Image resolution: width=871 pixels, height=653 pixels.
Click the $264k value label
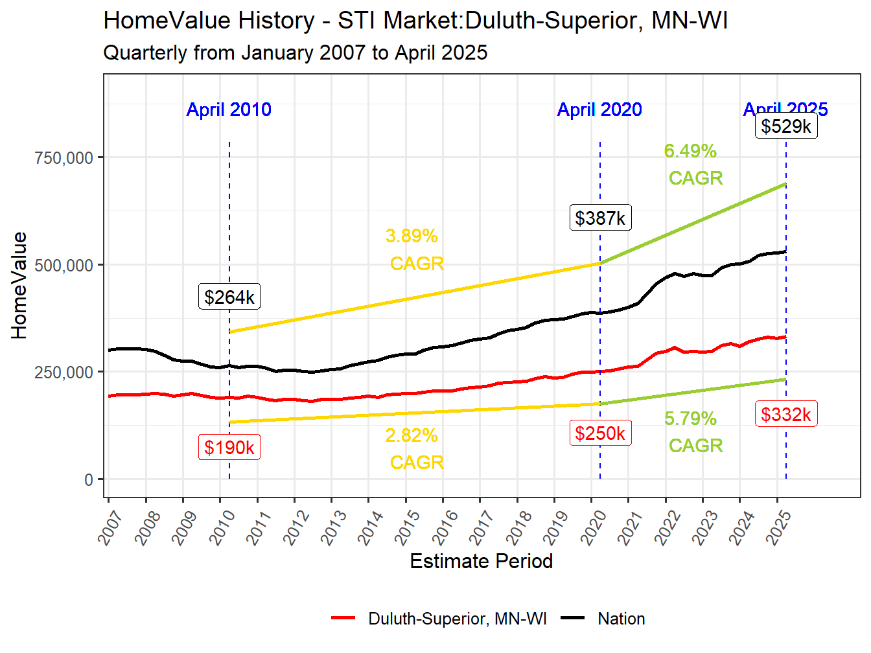click(x=229, y=297)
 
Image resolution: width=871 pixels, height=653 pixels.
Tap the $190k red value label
click(x=229, y=447)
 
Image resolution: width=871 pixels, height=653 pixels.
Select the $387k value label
click(x=600, y=218)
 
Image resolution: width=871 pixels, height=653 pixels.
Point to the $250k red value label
click(x=600, y=433)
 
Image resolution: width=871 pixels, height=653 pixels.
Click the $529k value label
click(x=786, y=126)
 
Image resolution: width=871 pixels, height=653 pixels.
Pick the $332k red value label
click(x=786, y=414)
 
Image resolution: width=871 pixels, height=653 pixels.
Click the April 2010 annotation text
click(x=229, y=109)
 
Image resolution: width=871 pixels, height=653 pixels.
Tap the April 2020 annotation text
click(x=599, y=109)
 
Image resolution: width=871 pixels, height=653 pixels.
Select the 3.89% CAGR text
click(x=414, y=249)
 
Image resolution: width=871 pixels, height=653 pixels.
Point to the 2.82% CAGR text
click(x=414, y=448)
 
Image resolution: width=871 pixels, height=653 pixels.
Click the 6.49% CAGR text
click(x=693, y=165)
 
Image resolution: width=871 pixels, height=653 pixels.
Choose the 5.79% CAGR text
click(x=693, y=432)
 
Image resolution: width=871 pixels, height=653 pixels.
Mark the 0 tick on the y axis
click(x=89, y=480)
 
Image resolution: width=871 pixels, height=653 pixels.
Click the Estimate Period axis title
click(x=482, y=561)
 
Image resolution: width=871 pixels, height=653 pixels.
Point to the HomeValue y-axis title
click(x=19, y=286)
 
